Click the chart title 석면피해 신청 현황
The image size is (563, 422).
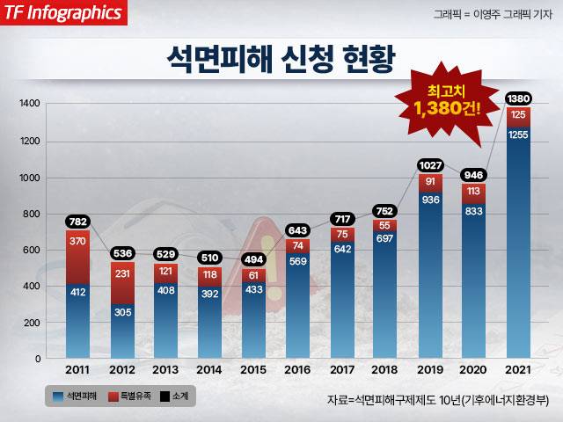[x=281, y=59]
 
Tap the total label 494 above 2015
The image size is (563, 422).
[x=254, y=258]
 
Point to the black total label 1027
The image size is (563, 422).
[x=431, y=164]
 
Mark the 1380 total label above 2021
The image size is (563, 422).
[x=519, y=98]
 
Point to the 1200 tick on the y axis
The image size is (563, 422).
[x=30, y=141]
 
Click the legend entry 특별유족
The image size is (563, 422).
[x=132, y=397]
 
